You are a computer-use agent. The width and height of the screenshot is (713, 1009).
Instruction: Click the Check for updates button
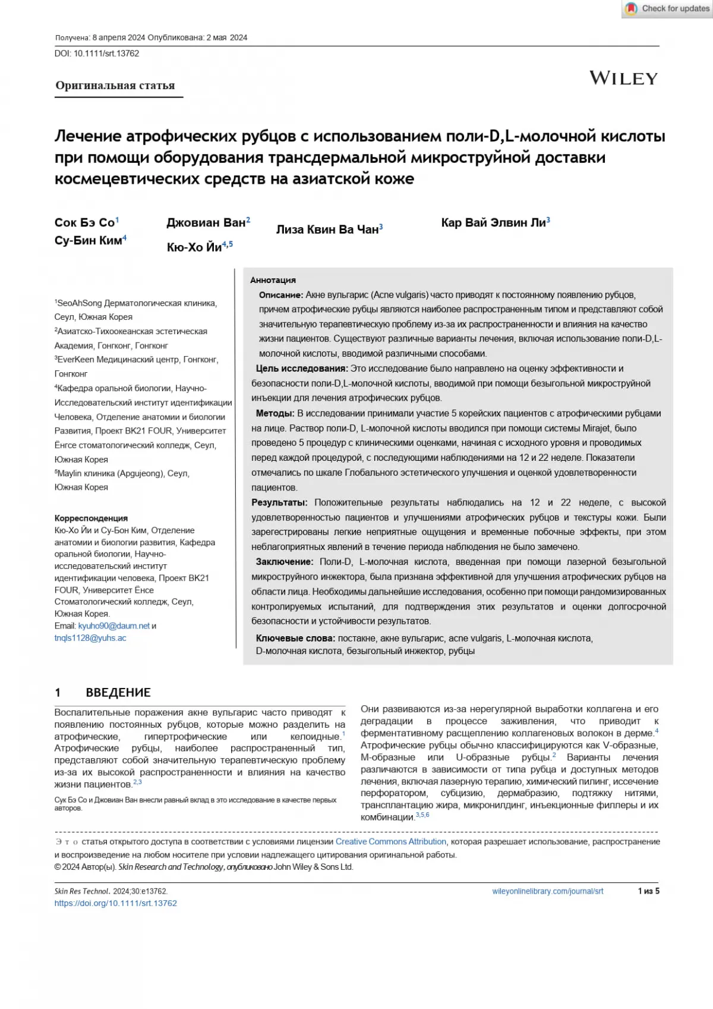click(668, 9)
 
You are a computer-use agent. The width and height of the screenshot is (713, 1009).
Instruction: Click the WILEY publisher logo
click(623, 78)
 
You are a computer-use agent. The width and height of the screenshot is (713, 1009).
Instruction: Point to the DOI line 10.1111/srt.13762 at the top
click(97, 54)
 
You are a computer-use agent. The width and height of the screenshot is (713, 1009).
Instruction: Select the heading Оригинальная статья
click(115, 86)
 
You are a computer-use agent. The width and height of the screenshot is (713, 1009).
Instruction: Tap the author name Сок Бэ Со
click(85, 223)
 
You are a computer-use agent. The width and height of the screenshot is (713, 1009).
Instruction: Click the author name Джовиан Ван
click(206, 223)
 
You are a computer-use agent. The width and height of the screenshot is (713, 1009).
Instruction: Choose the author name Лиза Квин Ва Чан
click(327, 230)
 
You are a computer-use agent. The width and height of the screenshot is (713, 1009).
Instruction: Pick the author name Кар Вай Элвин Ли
click(493, 223)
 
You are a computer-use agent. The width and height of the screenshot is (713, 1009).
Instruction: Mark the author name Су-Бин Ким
click(89, 241)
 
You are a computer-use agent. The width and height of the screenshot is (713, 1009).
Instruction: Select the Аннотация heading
click(273, 280)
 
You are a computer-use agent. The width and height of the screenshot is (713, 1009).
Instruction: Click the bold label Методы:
click(275, 413)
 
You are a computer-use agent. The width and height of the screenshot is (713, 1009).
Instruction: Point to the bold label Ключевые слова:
click(295, 638)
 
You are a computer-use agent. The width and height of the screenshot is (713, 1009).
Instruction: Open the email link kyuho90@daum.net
click(114, 626)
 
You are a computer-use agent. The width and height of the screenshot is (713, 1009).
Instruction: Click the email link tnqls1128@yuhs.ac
click(90, 638)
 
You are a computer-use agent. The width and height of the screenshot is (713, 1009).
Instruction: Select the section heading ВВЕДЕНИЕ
click(118, 693)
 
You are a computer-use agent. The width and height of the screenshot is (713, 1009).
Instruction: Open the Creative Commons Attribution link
click(391, 842)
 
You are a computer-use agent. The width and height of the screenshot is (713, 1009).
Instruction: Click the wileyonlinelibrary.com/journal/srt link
click(548, 891)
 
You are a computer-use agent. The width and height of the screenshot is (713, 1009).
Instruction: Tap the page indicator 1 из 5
click(648, 891)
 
